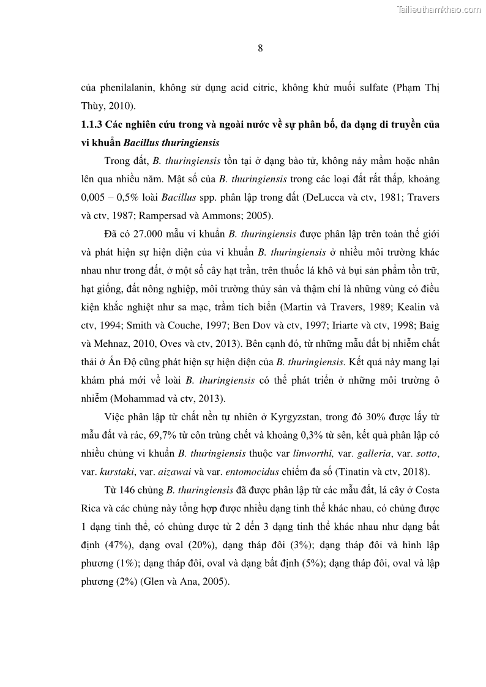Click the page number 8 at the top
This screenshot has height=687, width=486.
(x=260, y=50)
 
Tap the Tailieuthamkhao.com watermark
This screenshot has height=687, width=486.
(x=439, y=9)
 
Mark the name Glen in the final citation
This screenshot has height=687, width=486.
(x=154, y=583)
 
